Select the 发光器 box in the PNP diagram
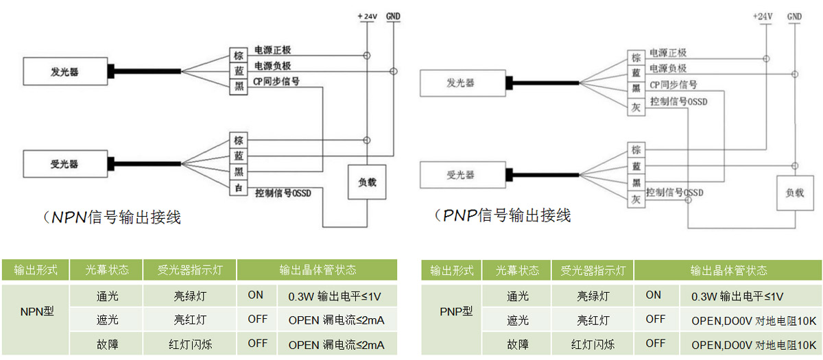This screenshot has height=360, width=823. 461,83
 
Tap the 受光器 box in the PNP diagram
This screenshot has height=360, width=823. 461,175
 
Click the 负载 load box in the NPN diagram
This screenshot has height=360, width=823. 367,183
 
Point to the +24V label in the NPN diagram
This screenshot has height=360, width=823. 367,15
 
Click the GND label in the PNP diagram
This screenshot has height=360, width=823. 795,16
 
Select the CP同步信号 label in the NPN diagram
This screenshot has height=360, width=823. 276,81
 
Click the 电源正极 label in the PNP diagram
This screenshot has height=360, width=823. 668,53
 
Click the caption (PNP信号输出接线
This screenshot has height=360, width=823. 503,215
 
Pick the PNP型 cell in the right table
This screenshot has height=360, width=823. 452,311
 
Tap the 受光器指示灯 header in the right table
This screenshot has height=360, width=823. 593,270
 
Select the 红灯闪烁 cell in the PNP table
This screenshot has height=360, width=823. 593,344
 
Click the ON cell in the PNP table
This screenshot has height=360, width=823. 654,295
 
